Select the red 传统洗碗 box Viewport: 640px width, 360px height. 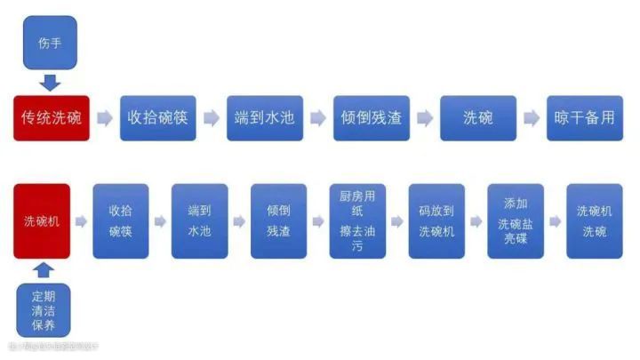pos(51,118)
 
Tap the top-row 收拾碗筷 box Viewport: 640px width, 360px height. pos(157,118)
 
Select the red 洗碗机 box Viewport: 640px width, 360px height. pos(42,221)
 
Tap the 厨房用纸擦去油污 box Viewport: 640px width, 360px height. pos(357,221)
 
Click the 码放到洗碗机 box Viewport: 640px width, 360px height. pos(436,221)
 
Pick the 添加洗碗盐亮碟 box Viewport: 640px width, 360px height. pos(516,221)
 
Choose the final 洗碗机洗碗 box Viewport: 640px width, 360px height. pos(594,221)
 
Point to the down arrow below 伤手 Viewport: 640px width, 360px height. pos(51,83)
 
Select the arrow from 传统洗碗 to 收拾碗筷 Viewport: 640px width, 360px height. pos(105,118)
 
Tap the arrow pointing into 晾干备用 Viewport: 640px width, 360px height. pos(531,118)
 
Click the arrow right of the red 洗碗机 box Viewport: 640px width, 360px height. pos(81,221)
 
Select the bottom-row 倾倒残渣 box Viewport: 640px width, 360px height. pos(278,221)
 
